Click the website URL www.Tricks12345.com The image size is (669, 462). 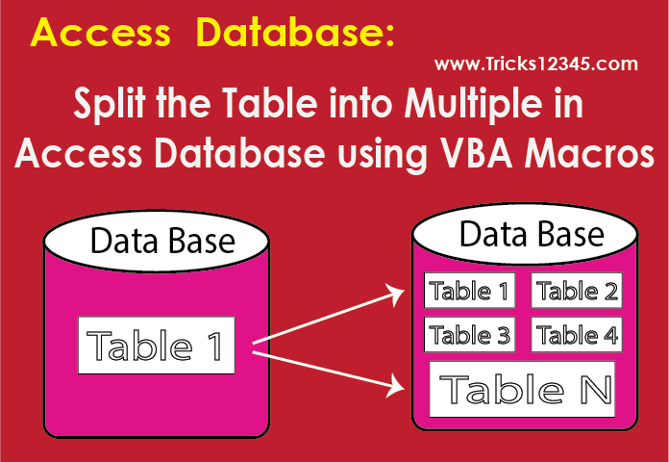(x=536, y=64)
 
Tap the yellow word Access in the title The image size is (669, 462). (x=100, y=33)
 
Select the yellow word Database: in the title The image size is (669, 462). (x=295, y=33)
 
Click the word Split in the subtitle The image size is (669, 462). (x=110, y=105)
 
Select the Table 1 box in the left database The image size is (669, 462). (x=156, y=346)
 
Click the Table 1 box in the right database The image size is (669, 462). (x=470, y=290)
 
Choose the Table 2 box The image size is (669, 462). (x=577, y=290)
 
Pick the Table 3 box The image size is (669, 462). (x=470, y=335)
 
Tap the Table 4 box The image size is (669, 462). (x=577, y=335)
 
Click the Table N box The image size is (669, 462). (x=522, y=389)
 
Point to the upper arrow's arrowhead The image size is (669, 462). (x=395, y=295)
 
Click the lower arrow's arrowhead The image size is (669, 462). (x=395, y=386)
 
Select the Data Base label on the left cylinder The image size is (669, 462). (x=162, y=241)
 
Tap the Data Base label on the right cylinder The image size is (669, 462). (x=532, y=234)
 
